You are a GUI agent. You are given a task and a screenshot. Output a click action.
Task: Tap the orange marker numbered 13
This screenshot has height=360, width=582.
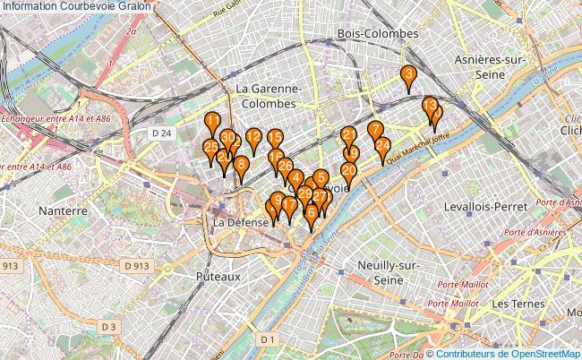point(430,106)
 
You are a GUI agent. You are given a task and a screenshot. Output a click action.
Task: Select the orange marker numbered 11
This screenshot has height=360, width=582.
point(212,121)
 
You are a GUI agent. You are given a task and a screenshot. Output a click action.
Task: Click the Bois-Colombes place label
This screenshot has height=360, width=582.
point(377,33)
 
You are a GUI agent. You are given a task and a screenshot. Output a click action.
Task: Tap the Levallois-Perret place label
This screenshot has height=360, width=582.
point(485,206)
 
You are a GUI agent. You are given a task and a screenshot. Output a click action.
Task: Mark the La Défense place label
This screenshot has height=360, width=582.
point(241,222)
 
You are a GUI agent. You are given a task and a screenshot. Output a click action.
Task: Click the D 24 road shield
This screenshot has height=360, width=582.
point(161,133)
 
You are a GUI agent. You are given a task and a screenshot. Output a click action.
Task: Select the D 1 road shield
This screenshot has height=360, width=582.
point(267,339)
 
